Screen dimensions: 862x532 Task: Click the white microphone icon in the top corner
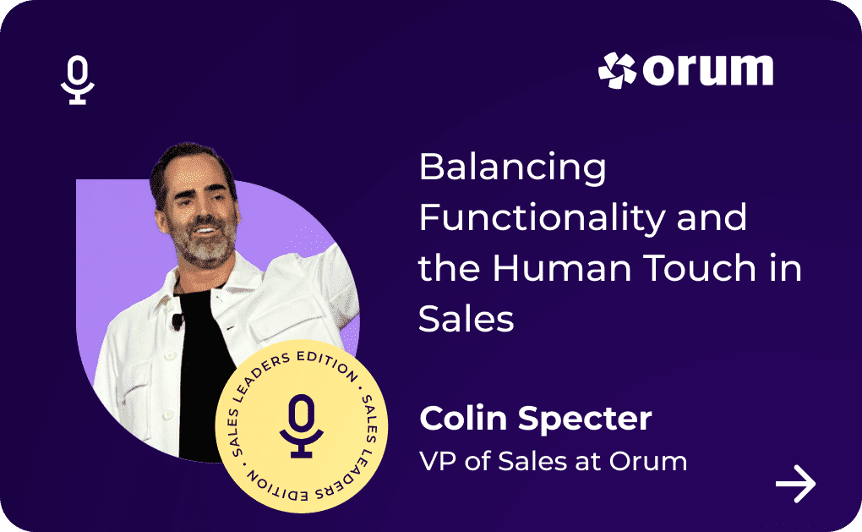click(78, 80)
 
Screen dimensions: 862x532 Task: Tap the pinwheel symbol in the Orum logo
click(617, 70)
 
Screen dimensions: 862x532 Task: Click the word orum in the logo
click(708, 70)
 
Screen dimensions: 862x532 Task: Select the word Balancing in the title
click(512, 167)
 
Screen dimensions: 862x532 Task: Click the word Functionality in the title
click(542, 218)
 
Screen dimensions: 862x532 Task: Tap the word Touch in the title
click(700, 268)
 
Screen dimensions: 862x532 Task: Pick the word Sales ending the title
click(466, 319)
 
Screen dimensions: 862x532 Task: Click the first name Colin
click(463, 419)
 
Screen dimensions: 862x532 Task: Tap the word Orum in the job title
click(648, 461)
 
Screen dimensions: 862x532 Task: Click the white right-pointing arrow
click(795, 484)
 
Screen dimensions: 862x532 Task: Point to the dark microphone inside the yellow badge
click(301, 425)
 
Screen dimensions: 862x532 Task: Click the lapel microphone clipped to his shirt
click(177, 321)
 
